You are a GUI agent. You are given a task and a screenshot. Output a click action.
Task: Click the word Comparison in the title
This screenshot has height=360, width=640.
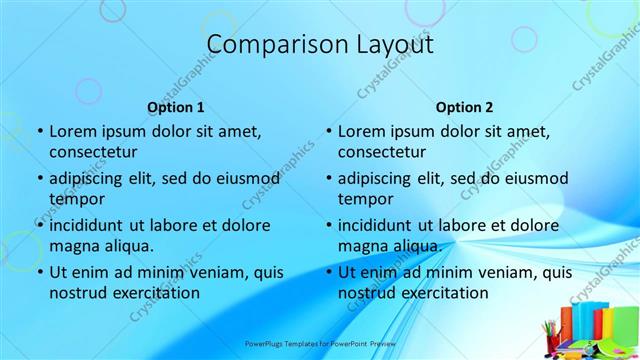[x=267, y=45]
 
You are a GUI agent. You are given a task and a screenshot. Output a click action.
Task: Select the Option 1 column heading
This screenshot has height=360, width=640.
[x=176, y=107]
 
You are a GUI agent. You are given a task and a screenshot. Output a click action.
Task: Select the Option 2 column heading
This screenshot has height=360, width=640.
[x=464, y=107]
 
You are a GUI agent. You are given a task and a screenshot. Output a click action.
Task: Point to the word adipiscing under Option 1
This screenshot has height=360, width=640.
[x=91, y=178]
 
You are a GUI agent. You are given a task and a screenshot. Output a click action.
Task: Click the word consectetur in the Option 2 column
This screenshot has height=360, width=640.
[x=382, y=152]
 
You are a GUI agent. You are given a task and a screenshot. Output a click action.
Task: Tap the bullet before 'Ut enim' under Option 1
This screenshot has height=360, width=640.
[x=40, y=272]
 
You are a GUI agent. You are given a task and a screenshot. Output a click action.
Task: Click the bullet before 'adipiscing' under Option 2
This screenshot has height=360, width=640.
[x=328, y=178]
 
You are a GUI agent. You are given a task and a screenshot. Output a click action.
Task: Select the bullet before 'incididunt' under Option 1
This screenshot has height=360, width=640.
[x=40, y=225]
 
